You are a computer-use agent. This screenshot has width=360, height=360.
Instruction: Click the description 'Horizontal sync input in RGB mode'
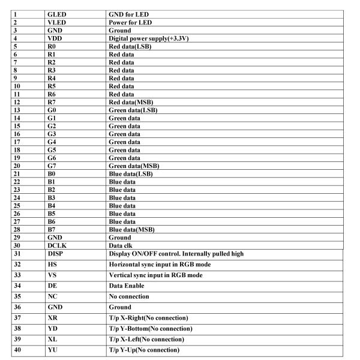pyautogui.click(x=159, y=265)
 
